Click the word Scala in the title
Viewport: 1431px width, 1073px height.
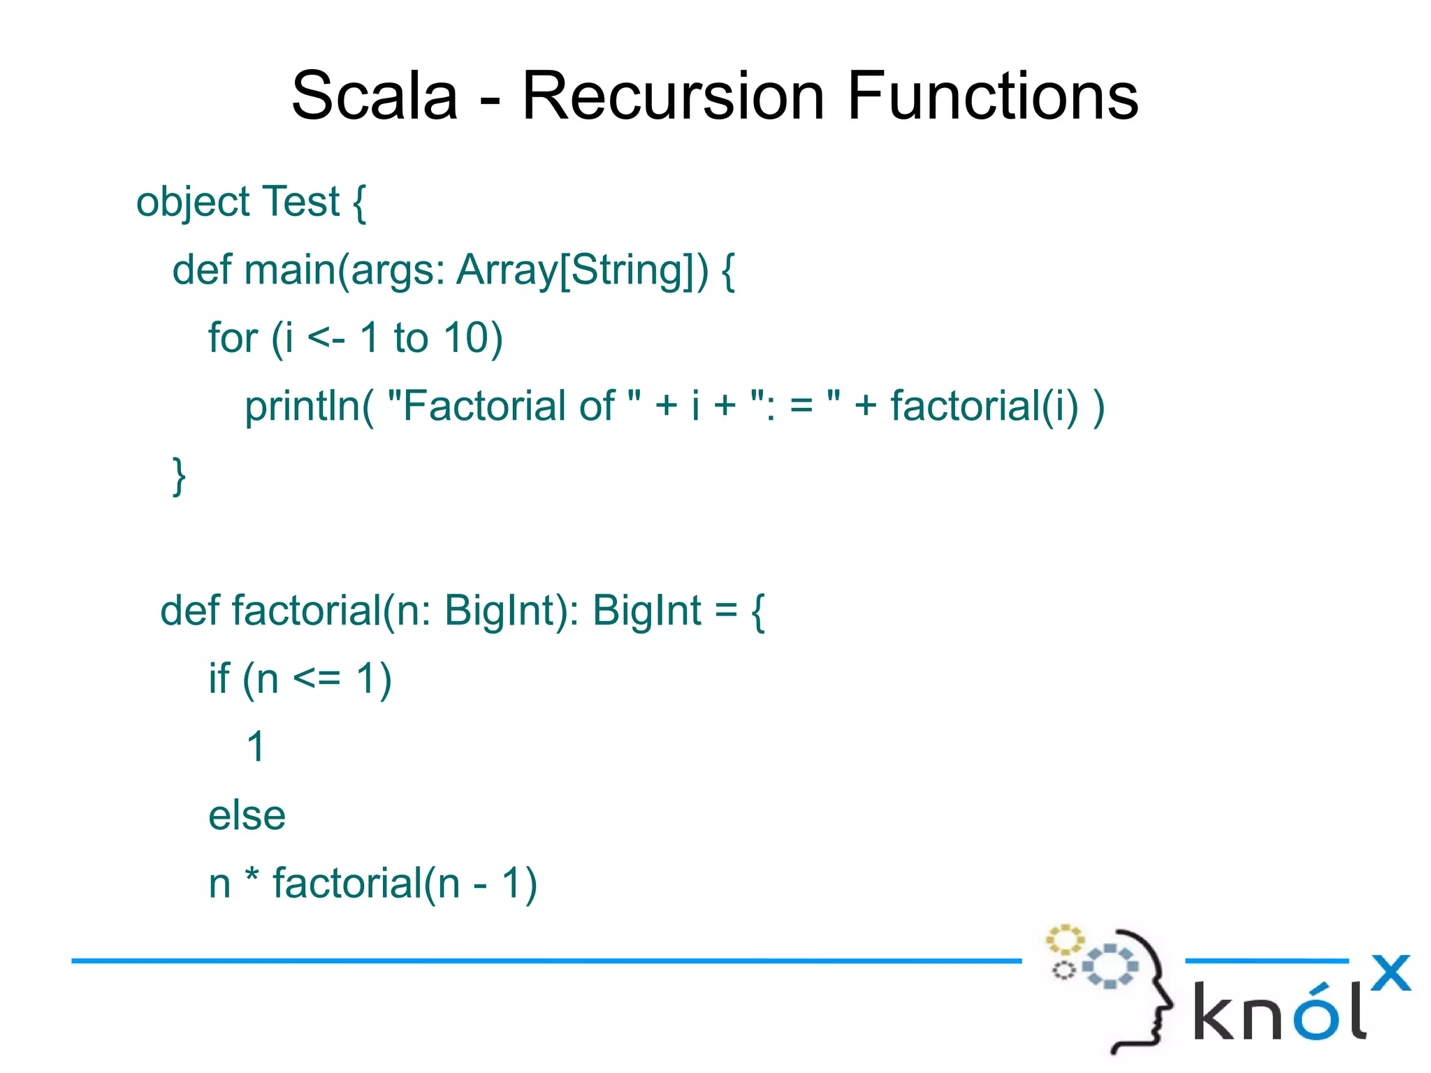click(374, 96)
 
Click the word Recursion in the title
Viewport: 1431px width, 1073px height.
click(673, 96)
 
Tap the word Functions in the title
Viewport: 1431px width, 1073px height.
click(992, 96)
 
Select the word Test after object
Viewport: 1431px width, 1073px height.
click(300, 202)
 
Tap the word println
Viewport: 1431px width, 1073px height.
click(302, 407)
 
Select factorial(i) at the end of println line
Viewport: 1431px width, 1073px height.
click(985, 406)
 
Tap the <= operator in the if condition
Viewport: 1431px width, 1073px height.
click(317, 678)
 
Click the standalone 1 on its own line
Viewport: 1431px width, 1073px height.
click(256, 747)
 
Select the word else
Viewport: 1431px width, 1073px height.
click(247, 815)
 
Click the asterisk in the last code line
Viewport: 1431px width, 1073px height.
click(252, 878)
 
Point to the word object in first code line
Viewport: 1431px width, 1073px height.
click(193, 203)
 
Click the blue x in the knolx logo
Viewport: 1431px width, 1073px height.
click(1390, 972)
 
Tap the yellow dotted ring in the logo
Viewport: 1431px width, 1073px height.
click(1064, 940)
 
